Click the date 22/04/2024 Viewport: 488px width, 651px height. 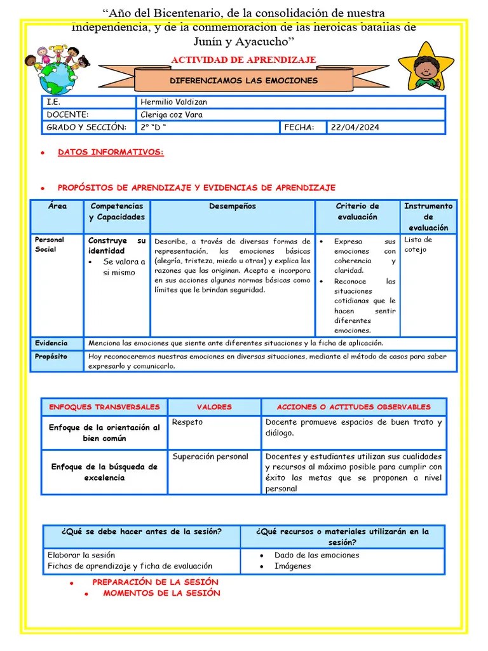pos(355,127)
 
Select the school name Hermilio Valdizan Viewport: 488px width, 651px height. pos(173,102)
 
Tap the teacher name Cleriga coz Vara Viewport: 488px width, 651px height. pos(172,114)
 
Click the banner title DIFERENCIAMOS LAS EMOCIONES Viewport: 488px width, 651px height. pos(244,81)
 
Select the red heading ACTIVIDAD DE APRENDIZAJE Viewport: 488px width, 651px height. pos(243,60)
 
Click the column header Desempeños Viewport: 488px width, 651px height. pos(233,206)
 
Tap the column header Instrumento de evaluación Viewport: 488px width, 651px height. pos(428,216)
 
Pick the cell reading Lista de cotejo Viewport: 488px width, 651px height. pos(418,244)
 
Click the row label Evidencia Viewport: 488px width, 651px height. pos(51,343)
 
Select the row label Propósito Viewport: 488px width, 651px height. pos(51,357)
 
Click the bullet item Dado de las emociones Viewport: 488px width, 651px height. pos(316,555)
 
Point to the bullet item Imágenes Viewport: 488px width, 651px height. pos(292,566)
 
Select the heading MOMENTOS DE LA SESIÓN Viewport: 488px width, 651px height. pos(161,593)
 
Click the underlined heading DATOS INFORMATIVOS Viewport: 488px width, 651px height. pos(111,153)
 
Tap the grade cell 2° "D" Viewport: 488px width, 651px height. pos(154,127)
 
